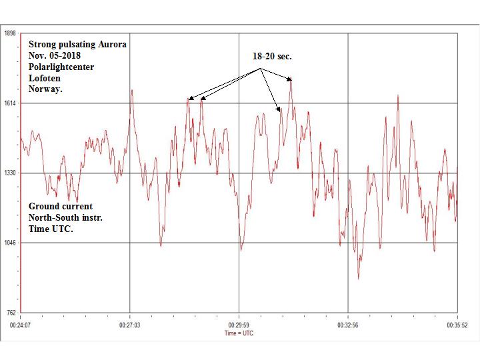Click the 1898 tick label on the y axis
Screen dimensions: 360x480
pos(11,34)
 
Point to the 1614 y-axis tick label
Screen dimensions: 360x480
pos(11,103)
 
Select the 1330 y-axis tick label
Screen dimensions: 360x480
pos(11,173)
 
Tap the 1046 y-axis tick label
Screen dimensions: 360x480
pos(11,243)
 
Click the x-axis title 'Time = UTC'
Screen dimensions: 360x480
pos(239,333)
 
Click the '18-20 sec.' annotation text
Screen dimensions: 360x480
pos(272,57)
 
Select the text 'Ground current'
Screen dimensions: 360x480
pos(61,206)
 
